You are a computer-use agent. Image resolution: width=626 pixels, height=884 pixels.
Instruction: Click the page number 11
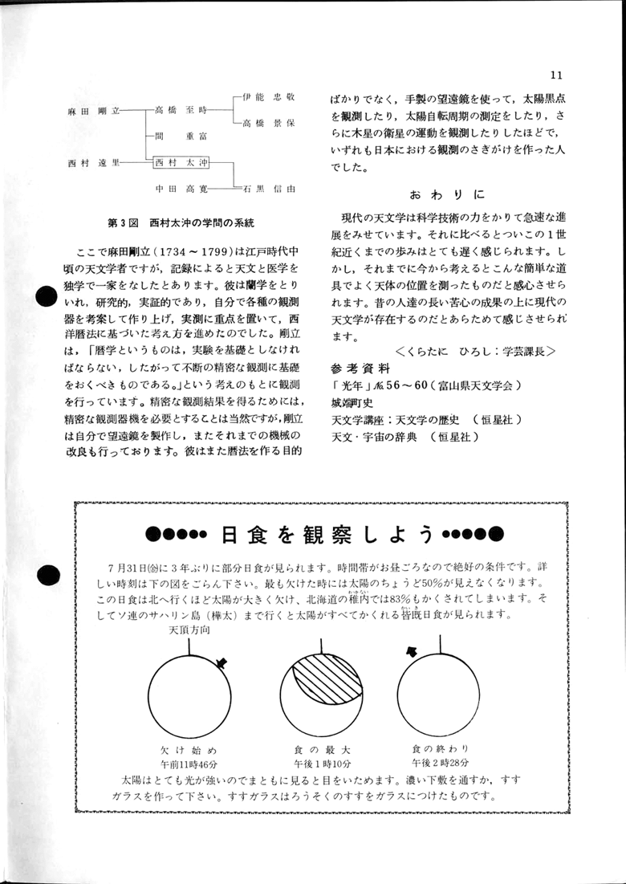(x=556, y=75)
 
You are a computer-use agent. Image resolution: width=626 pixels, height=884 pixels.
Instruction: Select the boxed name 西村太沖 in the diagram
(x=181, y=162)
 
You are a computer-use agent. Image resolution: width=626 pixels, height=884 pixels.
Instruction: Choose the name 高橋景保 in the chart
(x=269, y=124)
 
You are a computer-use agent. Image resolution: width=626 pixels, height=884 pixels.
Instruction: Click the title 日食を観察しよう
(x=327, y=533)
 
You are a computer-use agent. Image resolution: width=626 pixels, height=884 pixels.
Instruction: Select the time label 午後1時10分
(x=323, y=762)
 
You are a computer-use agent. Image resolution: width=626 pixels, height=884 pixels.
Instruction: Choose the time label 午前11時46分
(x=190, y=762)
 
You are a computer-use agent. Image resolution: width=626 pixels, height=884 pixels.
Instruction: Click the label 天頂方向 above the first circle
(x=190, y=631)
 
